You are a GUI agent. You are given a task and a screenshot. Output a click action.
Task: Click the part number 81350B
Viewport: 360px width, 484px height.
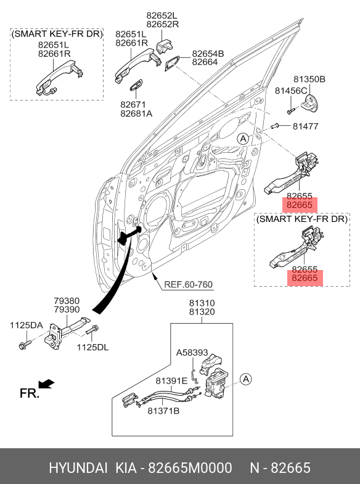point(309,80)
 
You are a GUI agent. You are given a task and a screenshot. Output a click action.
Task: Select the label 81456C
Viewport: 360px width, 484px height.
point(291,91)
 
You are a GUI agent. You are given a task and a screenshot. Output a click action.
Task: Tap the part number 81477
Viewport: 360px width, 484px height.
point(305,126)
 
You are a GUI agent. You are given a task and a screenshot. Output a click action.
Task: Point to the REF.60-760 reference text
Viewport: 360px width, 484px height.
point(188,284)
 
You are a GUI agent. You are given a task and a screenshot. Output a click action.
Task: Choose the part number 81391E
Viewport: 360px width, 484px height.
point(171,381)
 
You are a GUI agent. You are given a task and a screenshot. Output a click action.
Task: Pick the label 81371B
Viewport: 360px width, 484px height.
point(163,411)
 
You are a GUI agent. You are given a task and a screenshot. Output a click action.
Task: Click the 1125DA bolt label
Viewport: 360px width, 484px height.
point(27,325)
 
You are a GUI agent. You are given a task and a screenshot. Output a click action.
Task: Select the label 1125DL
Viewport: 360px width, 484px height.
point(92,347)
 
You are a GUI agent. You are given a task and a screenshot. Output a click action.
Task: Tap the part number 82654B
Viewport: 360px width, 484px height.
point(208,54)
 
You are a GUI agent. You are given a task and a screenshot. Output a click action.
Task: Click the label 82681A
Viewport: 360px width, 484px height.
point(136,113)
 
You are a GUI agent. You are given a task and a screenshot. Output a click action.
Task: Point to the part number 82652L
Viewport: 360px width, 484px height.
point(162,15)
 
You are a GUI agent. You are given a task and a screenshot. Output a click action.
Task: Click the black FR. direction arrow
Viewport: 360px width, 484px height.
point(46,384)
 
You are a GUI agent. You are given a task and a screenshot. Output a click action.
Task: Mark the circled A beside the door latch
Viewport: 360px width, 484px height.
point(246,379)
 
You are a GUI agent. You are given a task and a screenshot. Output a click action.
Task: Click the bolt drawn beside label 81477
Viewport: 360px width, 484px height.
point(274,126)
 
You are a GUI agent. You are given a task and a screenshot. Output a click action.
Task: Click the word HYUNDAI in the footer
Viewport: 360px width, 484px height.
point(78,468)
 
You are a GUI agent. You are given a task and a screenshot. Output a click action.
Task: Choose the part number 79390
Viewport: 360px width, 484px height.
point(67,310)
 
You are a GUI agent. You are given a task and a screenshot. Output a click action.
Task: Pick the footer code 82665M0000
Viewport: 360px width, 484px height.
point(190,468)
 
